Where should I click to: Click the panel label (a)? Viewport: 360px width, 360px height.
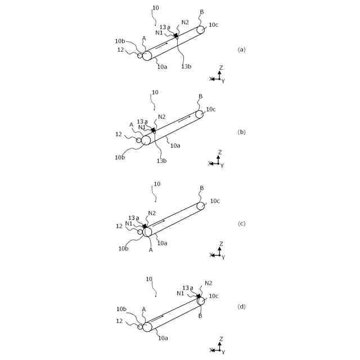pyautogui.click(x=242, y=49)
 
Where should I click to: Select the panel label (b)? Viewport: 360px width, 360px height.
pyautogui.click(x=242, y=133)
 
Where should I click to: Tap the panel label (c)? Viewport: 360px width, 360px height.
pyautogui.click(x=242, y=224)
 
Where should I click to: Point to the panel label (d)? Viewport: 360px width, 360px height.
pyautogui.click(x=242, y=307)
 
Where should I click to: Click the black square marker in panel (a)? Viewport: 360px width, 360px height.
pyautogui.click(x=175, y=35)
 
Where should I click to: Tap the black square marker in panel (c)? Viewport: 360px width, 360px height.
pyautogui.click(x=145, y=226)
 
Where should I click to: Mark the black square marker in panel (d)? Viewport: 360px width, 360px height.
pyautogui.click(x=199, y=296)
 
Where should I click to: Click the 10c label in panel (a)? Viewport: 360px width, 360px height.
pyautogui.click(x=214, y=25)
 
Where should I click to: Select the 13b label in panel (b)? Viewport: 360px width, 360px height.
pyautogui.click(x=162, y=161)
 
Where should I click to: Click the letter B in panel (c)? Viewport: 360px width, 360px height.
pyautogui.click(x=202, y=188)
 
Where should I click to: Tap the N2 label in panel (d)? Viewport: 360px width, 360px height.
pyautogui.click(x=208, y=283)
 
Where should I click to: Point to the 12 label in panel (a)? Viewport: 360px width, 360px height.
pyautogui.click(x=120, y=49)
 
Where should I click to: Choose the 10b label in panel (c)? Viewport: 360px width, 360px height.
pyautogui.click(x=123, y=248)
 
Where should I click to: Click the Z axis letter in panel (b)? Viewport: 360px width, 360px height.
pyautogui.click(x=220, y=152)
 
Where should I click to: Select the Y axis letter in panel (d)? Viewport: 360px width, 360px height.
pyautogui.click(x=223, y=352)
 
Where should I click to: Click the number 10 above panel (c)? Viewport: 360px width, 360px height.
pyautogui.click(x=157, y=184)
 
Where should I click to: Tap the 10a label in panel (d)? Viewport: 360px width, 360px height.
pyautogui.click(x=163, y=338)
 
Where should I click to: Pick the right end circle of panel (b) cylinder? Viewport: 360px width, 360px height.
pyautogui.click(x=199, y=114)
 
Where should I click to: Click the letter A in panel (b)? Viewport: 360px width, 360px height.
pyautogui.click(x=132, y=125)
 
